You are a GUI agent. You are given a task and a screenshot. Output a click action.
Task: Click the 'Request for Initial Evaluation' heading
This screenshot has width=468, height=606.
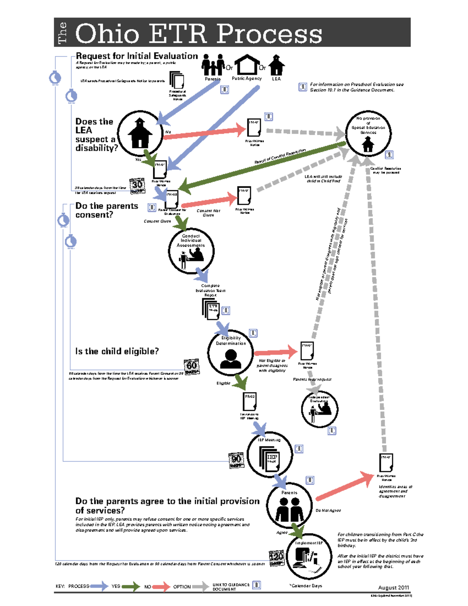pyautogui.click(x=136, y=56)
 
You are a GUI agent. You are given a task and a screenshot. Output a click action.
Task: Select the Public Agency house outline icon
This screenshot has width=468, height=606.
pyautogui.click(x=246, y=65)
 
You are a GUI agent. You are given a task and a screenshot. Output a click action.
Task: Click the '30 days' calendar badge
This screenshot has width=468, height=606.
pyautogui.click(x=137, y=186)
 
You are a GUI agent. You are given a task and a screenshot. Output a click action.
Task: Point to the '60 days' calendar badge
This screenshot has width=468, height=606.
pyautogui.click(x=191, y=367)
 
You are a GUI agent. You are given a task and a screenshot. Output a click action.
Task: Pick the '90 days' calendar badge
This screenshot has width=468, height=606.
pyautogui.click(x=236, y=460)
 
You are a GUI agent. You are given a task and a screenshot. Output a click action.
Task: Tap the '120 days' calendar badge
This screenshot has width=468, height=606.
pyautogui.click(x=277, y=558)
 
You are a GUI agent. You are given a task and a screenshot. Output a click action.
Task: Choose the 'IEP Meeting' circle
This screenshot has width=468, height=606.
pyautogui.click(x=269, y=455)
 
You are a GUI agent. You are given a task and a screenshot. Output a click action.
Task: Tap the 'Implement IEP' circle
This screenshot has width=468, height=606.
pyautogui.click(x=309, y=556)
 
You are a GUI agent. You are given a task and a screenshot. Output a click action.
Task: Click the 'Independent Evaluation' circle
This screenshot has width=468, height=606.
pyautogui.click(x=320, y=409)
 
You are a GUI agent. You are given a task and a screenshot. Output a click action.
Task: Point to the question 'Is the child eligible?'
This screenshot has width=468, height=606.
pyautogui.click(x=117, y=351)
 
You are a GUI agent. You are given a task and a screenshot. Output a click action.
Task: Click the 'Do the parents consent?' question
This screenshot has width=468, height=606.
pyautogui.click(x=106, y=210)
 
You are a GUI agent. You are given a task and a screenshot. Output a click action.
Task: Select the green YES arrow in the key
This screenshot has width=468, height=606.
pyautogui.click(x=130, y=586)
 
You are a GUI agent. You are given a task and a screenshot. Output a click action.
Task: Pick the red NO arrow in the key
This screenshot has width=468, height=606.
pyautogui.click(x=161, y=586)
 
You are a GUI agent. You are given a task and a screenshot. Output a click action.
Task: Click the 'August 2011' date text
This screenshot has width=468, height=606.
pyautogui.click(x=393, y=588)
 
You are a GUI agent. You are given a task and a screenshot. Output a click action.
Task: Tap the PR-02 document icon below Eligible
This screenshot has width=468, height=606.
pyautogui.click(x=250, y=402)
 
